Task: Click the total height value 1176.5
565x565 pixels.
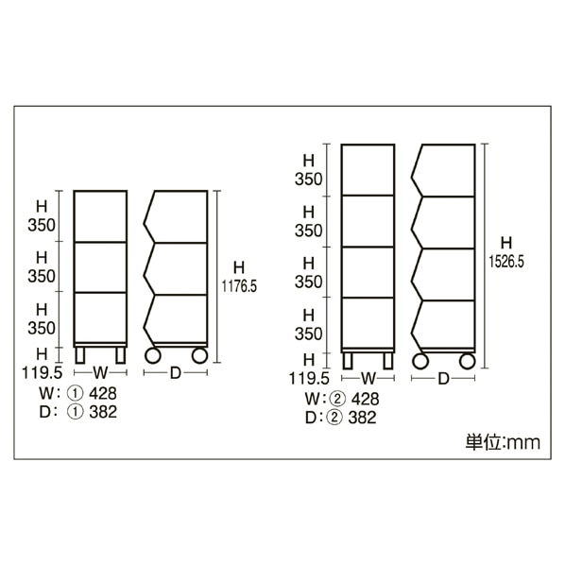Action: [239, 287]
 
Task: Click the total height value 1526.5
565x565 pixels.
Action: [506, 262]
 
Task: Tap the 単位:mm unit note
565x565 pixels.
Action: [503, 442]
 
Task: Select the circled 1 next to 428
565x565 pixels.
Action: [76, 393]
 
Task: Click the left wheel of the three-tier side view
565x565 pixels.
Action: [152, 355]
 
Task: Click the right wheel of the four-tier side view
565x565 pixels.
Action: [468, 361]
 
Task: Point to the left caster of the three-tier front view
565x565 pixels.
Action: [80, 355]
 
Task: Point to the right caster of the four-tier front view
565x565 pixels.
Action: [387, 361]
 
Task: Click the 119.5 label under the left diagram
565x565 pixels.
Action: [43, 372]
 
